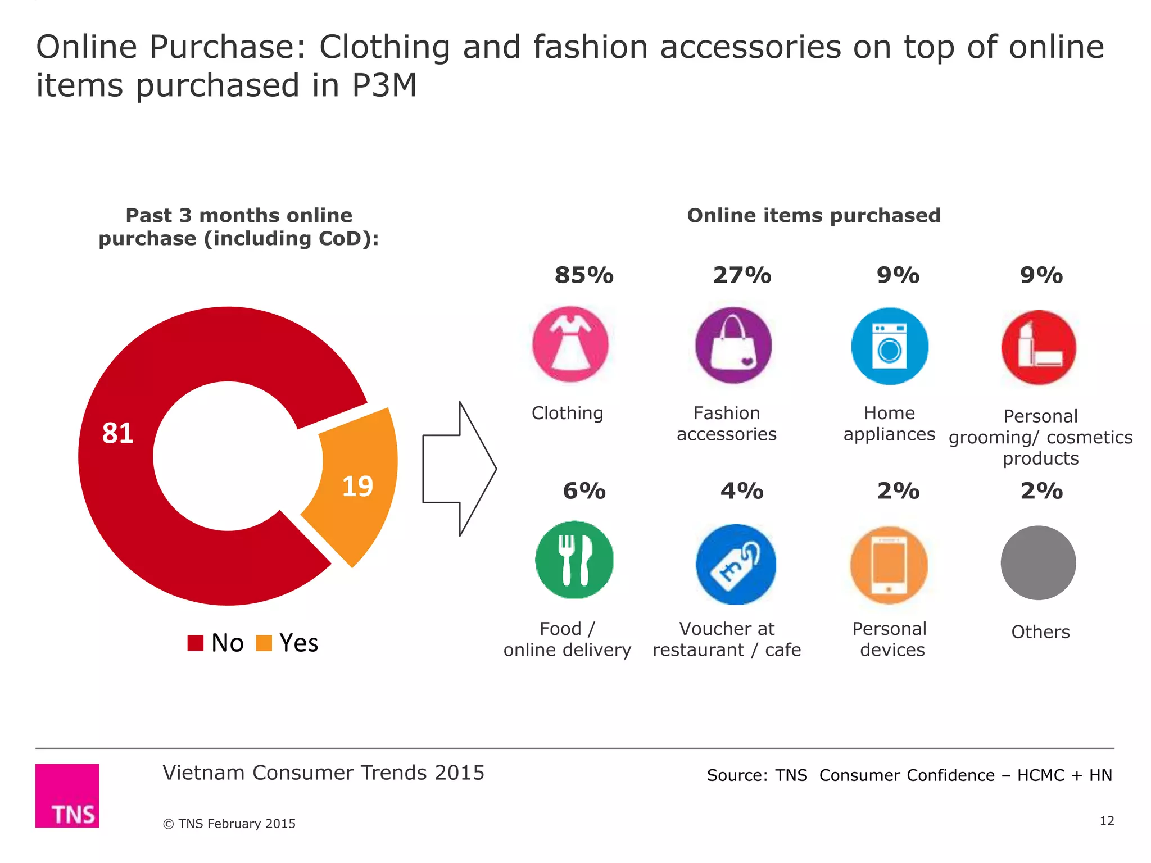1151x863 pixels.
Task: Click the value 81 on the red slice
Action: point(117,433)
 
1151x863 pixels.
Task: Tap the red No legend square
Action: point(195,643)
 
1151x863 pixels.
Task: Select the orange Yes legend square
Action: point(264,643)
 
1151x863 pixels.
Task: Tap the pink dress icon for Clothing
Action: point(570,344)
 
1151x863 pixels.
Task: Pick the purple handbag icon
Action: point(733,345)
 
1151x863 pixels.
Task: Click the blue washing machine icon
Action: point(890,346)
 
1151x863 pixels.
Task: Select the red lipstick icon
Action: point(1039,347)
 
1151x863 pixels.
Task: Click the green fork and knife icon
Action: point(574,560)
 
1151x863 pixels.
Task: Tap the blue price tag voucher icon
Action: point(736,564)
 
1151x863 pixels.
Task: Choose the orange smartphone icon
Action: point(889,565)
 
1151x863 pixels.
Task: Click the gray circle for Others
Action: point(1038,563)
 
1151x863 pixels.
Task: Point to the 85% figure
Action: point(584,275)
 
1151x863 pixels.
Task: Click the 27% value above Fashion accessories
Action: point(742,275)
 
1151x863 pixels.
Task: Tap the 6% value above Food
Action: point(584,491)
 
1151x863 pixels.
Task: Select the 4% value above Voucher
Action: point(742,491)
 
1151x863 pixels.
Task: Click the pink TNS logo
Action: point(67,795)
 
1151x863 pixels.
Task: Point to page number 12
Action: point(1107,821)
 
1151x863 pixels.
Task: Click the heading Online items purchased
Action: point(813,216)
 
